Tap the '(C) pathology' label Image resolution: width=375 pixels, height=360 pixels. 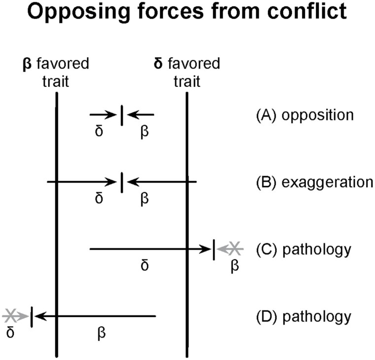(303, 249)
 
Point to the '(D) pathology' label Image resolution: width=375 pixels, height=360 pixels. (303, 316)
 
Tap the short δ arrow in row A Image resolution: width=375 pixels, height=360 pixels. (103, 115)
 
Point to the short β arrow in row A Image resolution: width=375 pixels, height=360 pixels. (141, 115)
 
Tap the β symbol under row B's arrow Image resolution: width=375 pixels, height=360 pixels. (145, 199)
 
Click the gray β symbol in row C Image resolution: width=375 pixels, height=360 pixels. (235, 266)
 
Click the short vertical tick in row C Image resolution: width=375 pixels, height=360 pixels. (214, 249)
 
